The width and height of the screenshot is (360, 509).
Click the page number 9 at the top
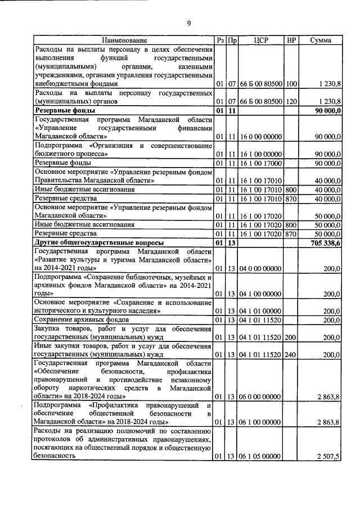189,23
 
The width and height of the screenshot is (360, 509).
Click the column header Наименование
124,40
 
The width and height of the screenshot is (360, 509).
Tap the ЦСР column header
260,40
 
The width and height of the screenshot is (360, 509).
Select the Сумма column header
319,40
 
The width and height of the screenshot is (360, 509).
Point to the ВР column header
291,40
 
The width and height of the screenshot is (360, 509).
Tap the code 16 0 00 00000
260,137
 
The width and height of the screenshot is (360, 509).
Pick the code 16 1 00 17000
260,163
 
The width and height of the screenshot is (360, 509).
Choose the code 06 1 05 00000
260,456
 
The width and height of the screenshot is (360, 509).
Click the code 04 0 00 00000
260,269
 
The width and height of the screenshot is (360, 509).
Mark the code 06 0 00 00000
260,397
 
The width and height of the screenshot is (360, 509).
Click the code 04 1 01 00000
260,311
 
